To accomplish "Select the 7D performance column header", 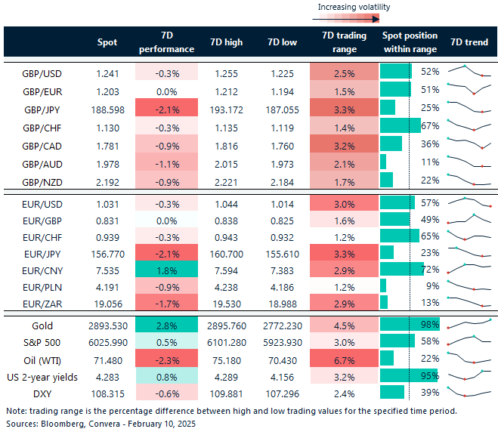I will (x=166, y=42).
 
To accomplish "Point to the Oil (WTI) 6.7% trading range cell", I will (x=344, y=359).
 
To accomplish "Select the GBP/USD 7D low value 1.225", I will (x=280, y=72).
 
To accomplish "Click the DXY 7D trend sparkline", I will (x=469, y=394).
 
